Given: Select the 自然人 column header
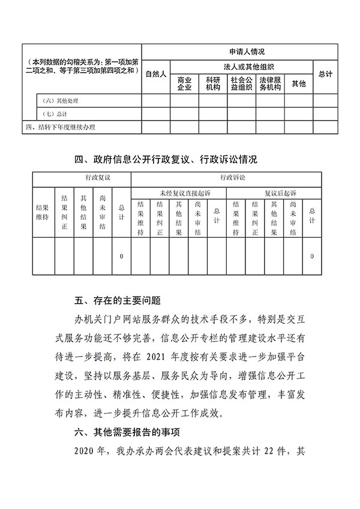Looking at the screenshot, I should point(156,74).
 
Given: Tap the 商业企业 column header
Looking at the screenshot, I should point(184,83).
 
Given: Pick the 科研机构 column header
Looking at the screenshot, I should point(213,83).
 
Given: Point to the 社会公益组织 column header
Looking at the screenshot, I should point(241,83).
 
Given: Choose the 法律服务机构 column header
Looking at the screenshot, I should point(270,83).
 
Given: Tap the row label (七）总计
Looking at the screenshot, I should point(55,113).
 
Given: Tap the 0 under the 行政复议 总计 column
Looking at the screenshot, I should point(121,256).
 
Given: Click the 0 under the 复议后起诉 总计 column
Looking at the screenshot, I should point(312,256).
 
